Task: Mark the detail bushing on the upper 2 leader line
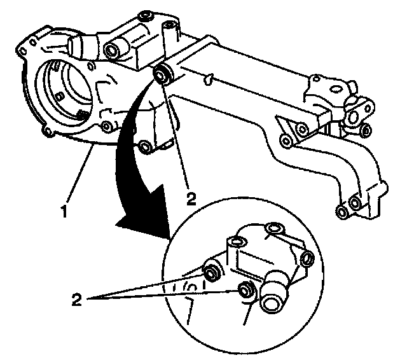point(211,273)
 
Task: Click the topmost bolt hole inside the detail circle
point(274,228)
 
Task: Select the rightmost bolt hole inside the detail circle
point(307,258)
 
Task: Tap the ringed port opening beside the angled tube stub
point(114,50)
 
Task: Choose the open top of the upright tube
point(169,27)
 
